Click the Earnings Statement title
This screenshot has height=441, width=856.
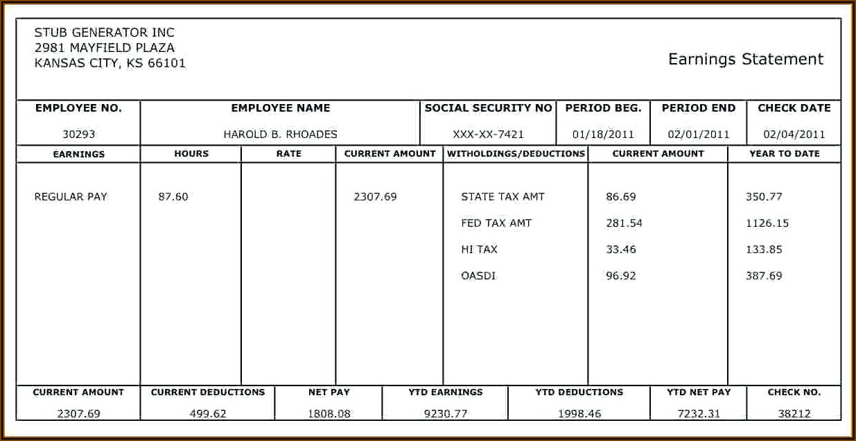tap(746, 60)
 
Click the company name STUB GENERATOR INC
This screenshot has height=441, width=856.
tap(104, 33)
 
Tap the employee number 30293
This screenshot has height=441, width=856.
tap(78, 135)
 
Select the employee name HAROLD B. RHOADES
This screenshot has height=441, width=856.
tap(280, 135)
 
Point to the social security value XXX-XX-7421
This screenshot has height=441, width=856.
tap(488, 135)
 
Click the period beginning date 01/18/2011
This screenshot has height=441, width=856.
tap(603, 135)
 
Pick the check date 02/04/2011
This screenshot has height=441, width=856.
tap(794, 135)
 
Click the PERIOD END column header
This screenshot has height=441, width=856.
tap(699, 108)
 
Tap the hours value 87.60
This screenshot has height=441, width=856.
tap(173, 197)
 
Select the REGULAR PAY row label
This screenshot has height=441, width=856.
tap(71, 197)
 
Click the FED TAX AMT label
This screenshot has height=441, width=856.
tap(496, 223)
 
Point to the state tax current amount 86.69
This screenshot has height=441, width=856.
tap(620, 197)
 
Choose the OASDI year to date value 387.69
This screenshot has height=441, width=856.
tap(764, 276)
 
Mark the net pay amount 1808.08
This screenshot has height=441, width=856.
tap(329, 414)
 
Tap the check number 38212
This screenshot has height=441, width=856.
tap(794, 414)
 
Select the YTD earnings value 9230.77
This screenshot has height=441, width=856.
tap(446, 414)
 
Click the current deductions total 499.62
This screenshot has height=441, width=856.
tap(208, 414)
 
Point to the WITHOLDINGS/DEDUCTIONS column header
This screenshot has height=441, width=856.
tap(516, 154)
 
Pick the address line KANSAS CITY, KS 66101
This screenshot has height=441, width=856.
tap(110, 64)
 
